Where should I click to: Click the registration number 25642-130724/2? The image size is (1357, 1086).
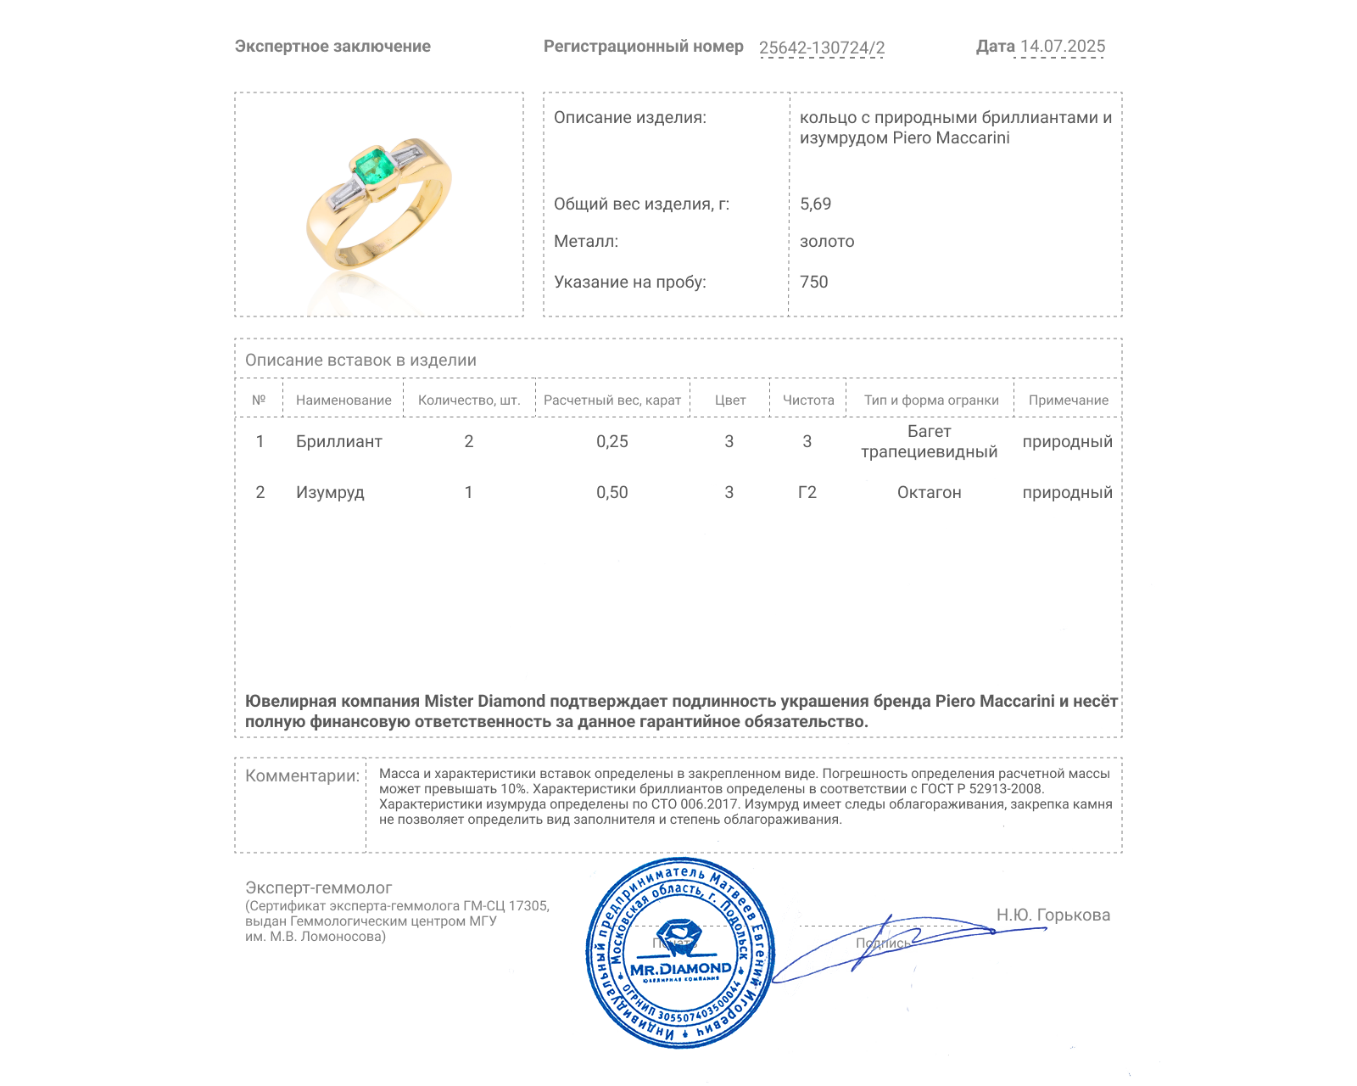(821, 48)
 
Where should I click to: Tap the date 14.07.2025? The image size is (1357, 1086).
(1062, 47)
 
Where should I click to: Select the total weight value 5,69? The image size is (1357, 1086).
(815, 204)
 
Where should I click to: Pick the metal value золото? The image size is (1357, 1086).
(827, 242)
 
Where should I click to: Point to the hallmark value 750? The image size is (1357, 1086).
(813, 282)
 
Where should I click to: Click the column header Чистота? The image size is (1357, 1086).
(807, 400)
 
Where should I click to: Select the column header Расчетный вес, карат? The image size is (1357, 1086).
(611, 400)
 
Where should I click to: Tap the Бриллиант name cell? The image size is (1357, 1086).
(338, 441)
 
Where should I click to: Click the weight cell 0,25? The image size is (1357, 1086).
(611, 441)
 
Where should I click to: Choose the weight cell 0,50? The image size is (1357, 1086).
(611, 492)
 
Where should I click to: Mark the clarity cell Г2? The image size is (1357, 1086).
(807, 492)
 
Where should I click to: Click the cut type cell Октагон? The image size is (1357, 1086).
(929, 492)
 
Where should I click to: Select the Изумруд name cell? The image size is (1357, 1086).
(330, 492)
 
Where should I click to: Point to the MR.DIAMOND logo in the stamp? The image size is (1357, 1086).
(680, 968)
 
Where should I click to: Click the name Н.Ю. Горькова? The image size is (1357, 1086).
(1053, 915)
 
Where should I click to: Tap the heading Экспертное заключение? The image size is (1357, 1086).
(332, 47)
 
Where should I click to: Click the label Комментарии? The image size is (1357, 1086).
(302, 775)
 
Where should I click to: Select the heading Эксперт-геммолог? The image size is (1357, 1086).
(318, 887)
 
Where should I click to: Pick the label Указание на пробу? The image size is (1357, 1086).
(629, 282)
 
